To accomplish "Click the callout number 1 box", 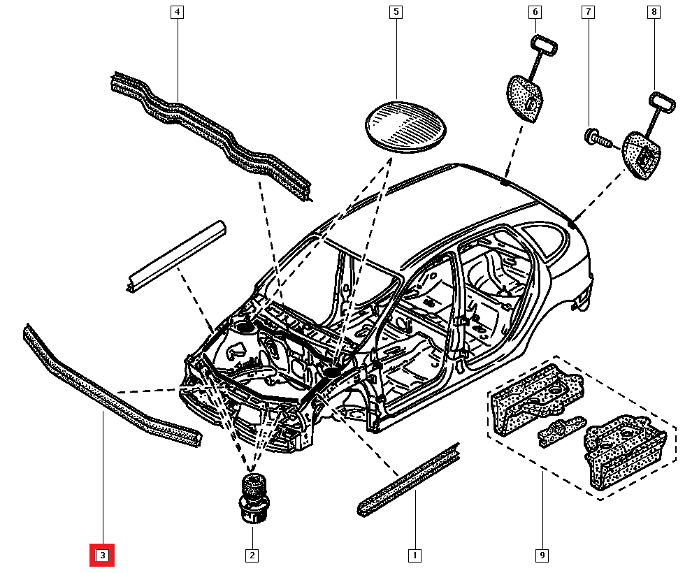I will [415, 556].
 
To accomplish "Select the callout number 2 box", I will [252, 556].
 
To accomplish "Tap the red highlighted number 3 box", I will [102, 556].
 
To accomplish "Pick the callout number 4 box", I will [177, 12].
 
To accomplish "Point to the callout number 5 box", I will [396, 12].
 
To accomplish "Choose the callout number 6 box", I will [535, 12].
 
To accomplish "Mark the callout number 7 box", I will [588, 12].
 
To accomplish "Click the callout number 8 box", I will [654, 12].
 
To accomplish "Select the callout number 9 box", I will [542, 556].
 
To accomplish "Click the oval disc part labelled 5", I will [406, 125].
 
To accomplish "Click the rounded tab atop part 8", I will [663, 102].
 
